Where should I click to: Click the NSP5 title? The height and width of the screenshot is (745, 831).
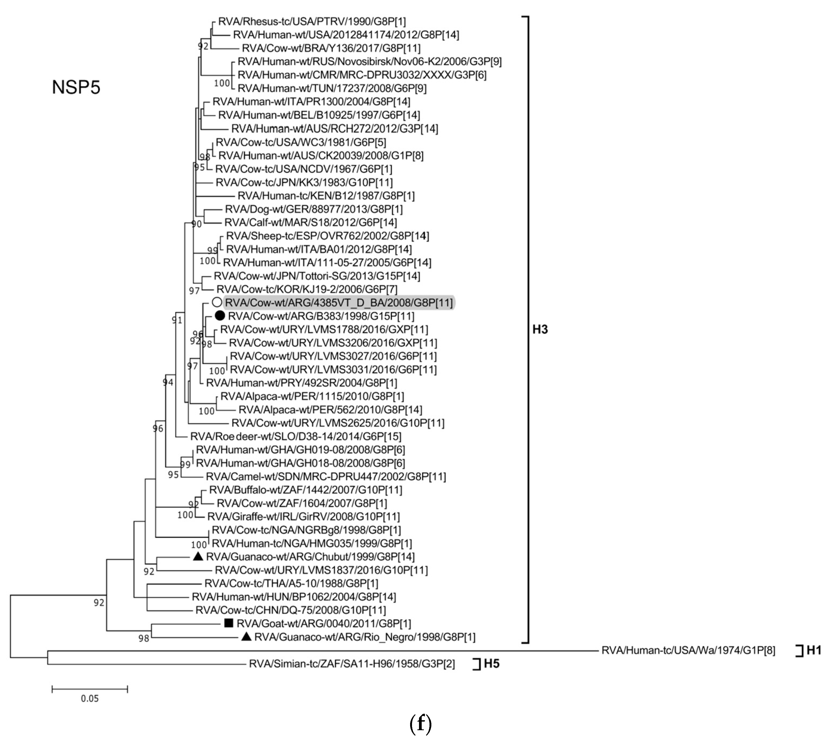click(76, 87)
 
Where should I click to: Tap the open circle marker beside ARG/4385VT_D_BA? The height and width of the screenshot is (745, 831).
click(217, 303)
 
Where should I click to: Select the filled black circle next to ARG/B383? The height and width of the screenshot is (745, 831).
click(220, 316)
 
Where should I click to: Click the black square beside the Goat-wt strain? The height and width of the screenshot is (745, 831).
click(229, 623)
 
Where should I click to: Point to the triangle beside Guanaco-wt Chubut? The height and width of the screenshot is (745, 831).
click(198, 556)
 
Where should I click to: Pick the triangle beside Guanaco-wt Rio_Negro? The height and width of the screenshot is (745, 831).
click(246, 637)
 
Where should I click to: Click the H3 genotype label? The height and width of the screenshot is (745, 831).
click(540, 329)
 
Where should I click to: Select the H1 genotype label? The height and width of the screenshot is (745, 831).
click(814, 650)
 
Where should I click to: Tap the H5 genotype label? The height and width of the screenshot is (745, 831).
click(492, 663)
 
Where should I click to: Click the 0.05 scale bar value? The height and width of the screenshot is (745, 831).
click(90, 698)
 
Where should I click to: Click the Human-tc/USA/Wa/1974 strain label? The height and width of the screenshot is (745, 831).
click(688, 650)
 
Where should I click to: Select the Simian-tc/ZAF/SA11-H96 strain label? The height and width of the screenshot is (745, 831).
click(352, 663)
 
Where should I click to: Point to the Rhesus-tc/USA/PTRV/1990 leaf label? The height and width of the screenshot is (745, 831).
click(312, 21)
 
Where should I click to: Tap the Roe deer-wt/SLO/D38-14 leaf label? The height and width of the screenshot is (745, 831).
click(296, 436)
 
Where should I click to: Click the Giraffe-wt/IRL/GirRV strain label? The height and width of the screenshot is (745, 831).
click(303, 516)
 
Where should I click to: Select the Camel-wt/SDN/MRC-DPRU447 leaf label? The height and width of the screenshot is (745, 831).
click(325, 476)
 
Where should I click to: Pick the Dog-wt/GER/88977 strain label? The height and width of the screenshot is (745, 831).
click(314, 209)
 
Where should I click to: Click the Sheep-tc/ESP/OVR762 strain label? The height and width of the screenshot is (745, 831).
click(327, 236)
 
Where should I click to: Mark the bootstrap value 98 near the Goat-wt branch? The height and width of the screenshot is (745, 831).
click(144, 638)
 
